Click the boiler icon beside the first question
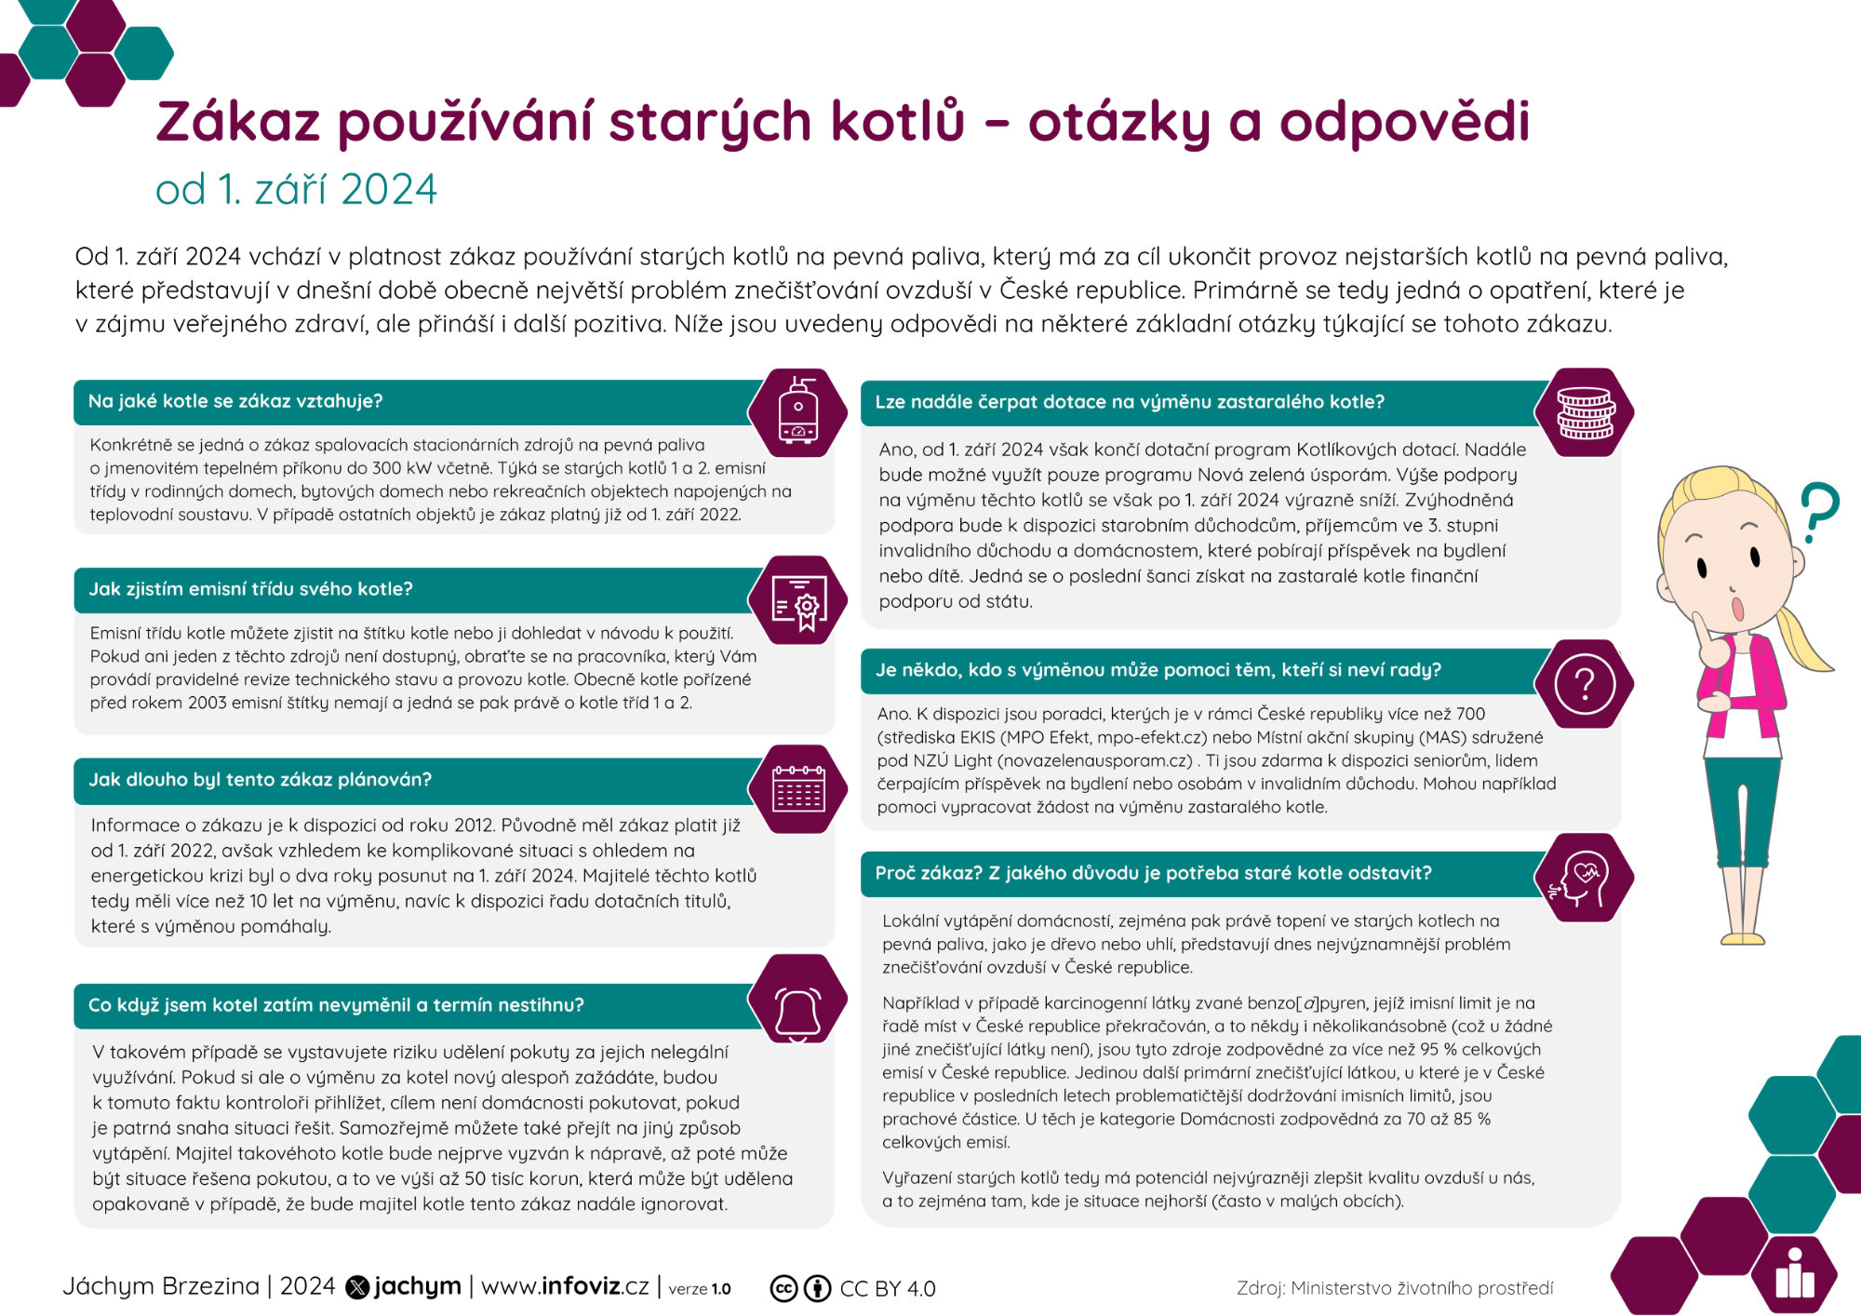click(x=798, y=412)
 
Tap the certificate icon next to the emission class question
click(x=798, y=601)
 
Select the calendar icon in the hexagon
click(x=798, y=790)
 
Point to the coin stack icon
click(x=1586, y=412)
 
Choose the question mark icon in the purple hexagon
click(x=1584, y=684)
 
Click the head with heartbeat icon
click(x=1584, y=878)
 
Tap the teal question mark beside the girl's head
click(x=1817, y=511)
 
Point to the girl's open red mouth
click(x=1735, y=609)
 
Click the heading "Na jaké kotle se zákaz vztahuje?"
click(x=235, y=401)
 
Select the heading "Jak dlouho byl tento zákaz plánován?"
click(x=260, y=780)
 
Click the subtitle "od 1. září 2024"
click(x=296, y=190)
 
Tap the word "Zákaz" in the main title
click(x=238, y=123)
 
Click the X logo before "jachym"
click(x=357, y=1287)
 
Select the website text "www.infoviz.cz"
click(x=565, y=1286)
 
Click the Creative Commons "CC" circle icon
click(x=783, y=1288)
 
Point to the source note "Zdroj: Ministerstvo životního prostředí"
click(x=1394, y=1288)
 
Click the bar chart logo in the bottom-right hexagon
click(x=1794, y=1276)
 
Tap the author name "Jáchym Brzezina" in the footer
click(x=161, y=1286)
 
